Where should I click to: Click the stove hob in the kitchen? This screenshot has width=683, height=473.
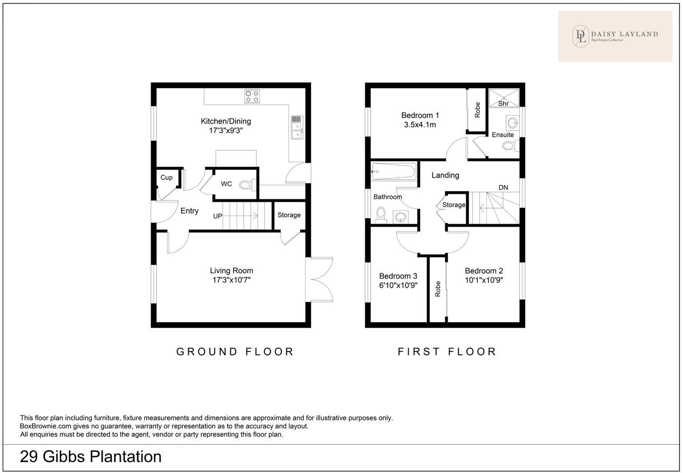[x=252, y=96]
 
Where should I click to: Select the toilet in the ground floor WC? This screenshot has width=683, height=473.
[x=246, y=184]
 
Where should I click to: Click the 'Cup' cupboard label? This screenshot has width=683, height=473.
[x=166, y=177]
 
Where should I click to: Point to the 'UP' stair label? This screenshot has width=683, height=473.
[x=217, y=216]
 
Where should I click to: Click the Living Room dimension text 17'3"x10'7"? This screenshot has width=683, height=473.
[x=232, y=280]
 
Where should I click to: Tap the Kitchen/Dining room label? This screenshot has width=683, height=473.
[x=226, y=121]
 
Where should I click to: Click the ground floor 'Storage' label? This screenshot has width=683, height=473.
[x=289, y=215]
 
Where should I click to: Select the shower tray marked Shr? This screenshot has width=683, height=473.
[x=504, y=98]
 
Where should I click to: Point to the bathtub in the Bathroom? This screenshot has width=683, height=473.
[x=394, y=171]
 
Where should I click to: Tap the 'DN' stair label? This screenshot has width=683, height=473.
[x=503, y=187]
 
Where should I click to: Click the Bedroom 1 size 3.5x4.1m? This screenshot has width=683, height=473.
[x=420, y=125]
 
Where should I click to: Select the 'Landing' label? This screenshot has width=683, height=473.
[x=445, y=175]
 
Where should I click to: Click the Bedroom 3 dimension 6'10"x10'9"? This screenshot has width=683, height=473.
[x=398, y=285]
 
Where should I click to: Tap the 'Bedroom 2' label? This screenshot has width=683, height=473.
[x=484, y=271]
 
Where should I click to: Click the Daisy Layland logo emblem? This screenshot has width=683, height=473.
[x=580, y=36]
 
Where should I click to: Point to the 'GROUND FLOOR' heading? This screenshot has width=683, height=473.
[x=235, y=352]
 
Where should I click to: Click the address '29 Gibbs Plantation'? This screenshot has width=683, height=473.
[x=91, y=457]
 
